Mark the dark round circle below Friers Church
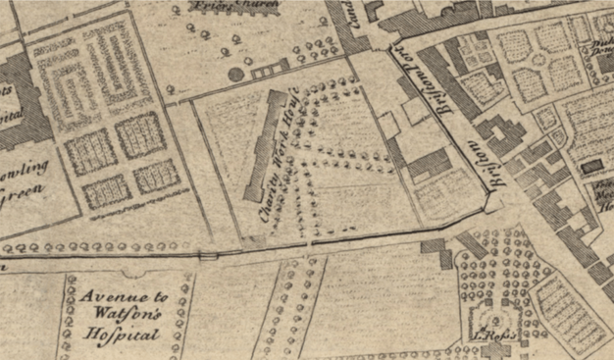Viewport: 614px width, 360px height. click(x=235, y=74)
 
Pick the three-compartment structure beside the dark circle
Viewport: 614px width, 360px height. click(x=270, y=72)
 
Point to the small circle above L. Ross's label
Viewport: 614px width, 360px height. click(x=497, y=319)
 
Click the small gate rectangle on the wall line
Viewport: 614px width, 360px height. click(x=207, y=256)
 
